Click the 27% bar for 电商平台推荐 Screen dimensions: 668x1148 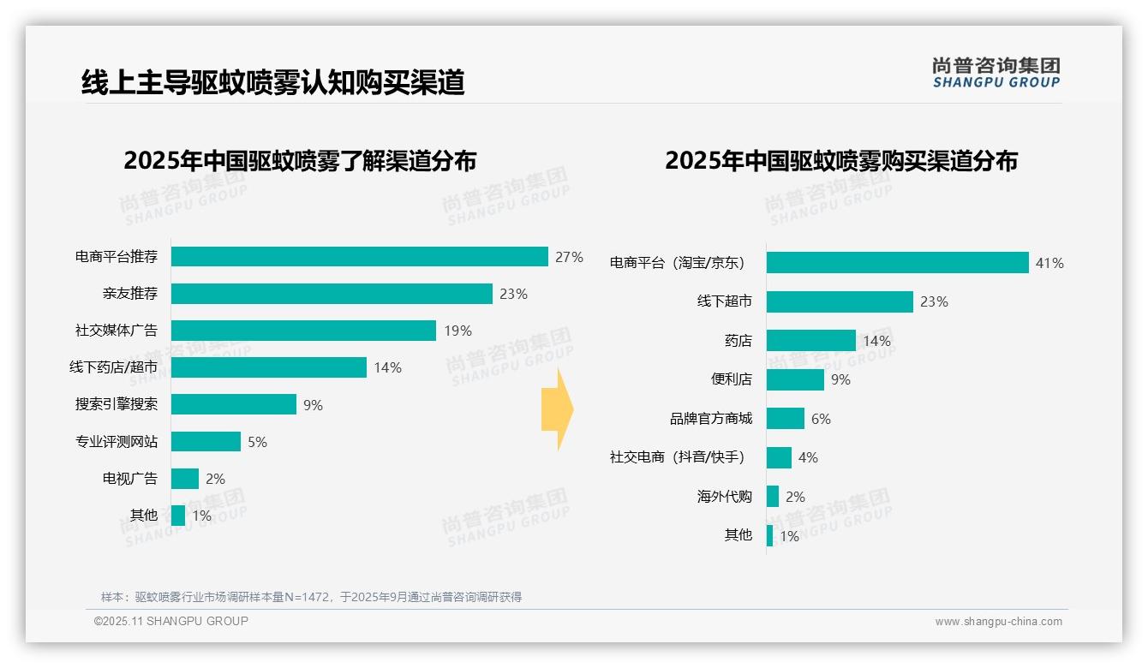(359, 257)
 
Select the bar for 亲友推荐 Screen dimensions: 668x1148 (332, 294)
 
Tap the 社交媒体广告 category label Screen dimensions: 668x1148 (117, 331)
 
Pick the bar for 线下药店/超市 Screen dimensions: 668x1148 (268, 367)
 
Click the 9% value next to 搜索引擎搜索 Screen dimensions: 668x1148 (313, 405)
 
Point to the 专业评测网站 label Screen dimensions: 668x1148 (117, 442)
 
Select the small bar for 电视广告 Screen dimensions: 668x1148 (184, 479)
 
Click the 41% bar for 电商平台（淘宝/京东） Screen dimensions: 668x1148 (897, 263)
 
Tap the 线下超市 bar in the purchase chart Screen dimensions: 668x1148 (840, 301)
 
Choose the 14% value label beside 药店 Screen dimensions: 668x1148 (876, 341)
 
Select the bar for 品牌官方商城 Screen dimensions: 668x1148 (786, 419)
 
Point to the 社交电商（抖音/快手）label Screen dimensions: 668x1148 (677, 457)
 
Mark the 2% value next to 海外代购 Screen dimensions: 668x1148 (795, 497)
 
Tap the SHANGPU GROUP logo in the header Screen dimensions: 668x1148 (996, 73)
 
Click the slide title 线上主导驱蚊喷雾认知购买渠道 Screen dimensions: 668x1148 (272, 83)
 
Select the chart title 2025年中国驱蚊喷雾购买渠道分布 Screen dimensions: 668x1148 (841, 161)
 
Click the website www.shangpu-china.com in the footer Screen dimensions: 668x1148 (998, 622)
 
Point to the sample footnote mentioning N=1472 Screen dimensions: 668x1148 (311, 597)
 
